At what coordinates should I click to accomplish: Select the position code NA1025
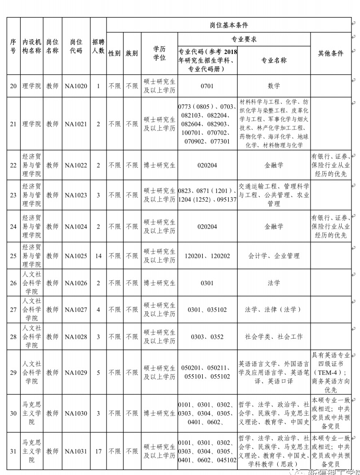[76, 256]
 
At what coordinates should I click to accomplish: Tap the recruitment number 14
[98, 256]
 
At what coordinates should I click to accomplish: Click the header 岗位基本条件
[228, 25]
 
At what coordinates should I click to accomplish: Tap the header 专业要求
[244, 39]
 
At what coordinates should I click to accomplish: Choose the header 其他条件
[330, 53]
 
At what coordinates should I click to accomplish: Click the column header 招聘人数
[98, 46]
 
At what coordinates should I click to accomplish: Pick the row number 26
[13, 283]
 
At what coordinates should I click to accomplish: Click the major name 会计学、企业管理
[274, 256]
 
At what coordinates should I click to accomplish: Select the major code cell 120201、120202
[207, 256]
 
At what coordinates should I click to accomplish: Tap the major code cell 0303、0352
[207, 336]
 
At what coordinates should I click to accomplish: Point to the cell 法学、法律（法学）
[274, 309]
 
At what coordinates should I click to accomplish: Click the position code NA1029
[76, 372]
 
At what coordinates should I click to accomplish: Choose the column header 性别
[114, 53]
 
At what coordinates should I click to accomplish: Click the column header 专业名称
[274, 60]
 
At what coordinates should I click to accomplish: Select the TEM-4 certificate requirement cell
[330, 372]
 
